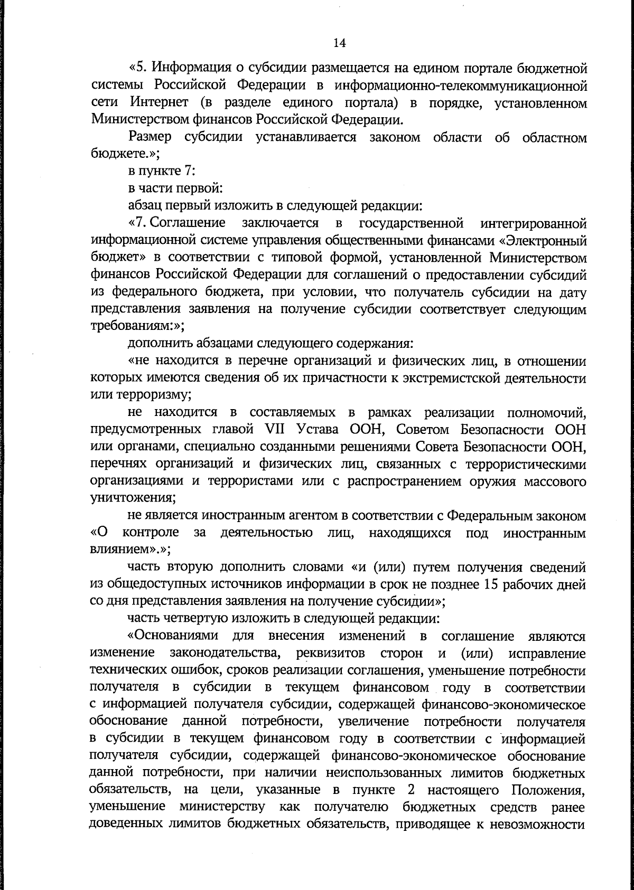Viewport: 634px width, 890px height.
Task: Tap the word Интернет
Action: tap(154, 102)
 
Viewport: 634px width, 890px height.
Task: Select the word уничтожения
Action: tap(132, 498)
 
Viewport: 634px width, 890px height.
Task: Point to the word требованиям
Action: tap(133, 327)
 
